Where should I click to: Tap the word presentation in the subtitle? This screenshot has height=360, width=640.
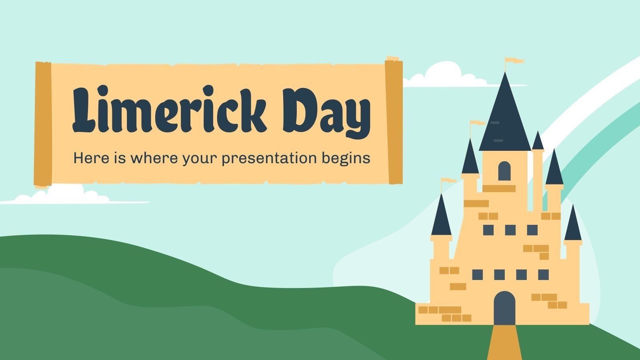click(x=269, y=158)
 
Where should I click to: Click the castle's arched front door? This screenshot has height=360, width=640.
click(x=504, y=308)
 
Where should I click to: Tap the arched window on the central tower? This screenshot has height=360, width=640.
click(x=504, y=171)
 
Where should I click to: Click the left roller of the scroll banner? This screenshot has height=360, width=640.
click(x=43, y=124)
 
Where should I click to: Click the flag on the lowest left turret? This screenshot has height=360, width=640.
click(x=449, y=181)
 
